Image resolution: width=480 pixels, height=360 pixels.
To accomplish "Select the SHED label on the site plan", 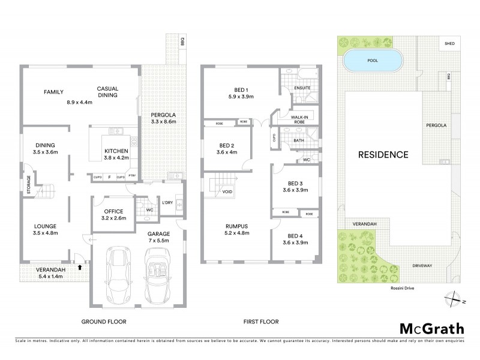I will point(449,44).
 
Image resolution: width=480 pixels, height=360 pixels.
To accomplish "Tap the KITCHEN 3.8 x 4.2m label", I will point(116,155).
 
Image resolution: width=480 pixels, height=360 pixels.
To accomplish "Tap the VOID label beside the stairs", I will point(227,193).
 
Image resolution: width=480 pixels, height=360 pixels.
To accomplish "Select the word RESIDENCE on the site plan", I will point(383,154).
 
